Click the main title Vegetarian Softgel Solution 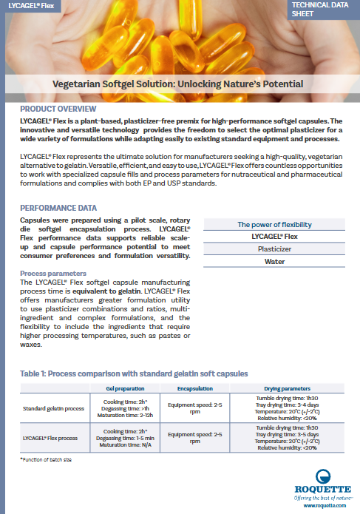click(180, 84)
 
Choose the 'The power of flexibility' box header click(274, 224)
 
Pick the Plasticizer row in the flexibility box click(274, 249)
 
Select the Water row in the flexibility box click(274, 261)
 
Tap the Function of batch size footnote click(47, 460)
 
